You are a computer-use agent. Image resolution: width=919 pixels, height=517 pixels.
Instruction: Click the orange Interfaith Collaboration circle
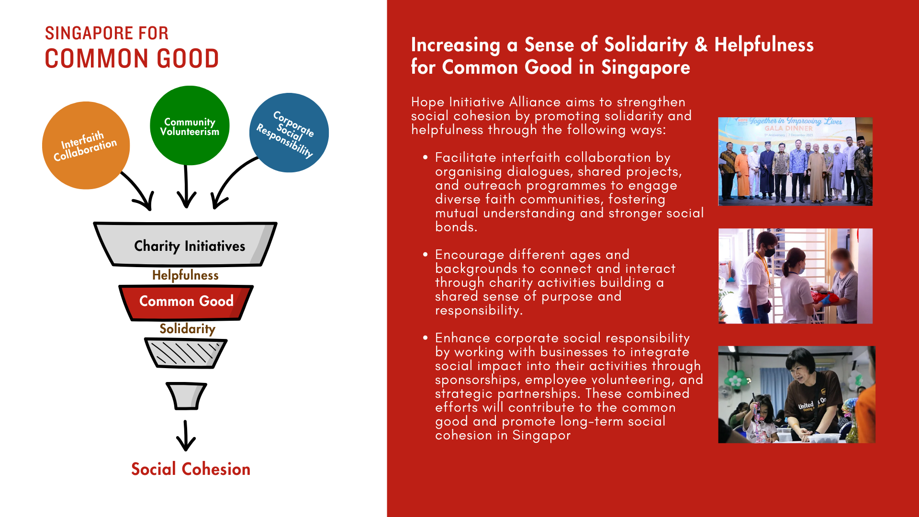tap(86, 146)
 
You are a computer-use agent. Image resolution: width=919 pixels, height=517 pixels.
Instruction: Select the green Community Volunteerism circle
tap(190, 126)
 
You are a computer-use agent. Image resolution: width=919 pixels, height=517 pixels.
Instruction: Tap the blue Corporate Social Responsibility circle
tap(289, 133)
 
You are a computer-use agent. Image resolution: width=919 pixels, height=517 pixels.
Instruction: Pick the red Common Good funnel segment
tap(186, 302)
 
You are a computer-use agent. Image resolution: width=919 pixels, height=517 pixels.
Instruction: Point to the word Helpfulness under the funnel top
tap(185, 275)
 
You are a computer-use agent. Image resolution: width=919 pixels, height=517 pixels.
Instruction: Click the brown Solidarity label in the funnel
tap(187, 329)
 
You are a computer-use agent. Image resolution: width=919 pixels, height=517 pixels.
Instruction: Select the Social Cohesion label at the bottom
tap(191, 469)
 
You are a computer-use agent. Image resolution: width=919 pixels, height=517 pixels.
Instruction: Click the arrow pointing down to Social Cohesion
tap(186, 436)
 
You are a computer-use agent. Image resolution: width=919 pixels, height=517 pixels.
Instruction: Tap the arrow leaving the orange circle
tap(139, 191)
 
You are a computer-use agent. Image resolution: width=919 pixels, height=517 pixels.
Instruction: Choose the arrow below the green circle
tap(186, 187)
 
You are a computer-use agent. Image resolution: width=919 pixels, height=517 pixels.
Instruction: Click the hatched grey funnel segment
tap(186, 353)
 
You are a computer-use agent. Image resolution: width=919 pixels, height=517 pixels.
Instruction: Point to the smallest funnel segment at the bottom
tap(186, 396)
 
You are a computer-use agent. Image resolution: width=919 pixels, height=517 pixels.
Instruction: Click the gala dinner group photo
tap(795, 161)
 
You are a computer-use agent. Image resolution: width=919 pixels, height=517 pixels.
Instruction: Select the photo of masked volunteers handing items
tap(795, 276)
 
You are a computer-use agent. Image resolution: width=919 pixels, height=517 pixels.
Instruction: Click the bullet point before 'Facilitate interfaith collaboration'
tap(425, 157)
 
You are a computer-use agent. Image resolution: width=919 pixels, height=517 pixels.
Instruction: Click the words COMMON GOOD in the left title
tap(132, 59)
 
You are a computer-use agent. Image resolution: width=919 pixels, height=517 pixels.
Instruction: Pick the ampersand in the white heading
tap(701, 45)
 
